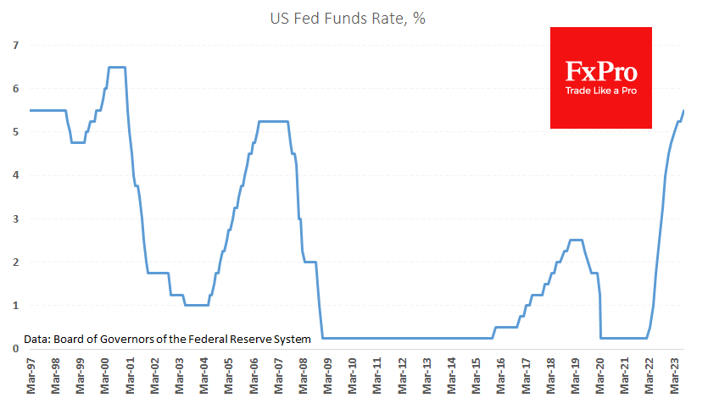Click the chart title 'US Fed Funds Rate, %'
[x=354, y=19]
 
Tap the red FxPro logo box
[x=600, y=77]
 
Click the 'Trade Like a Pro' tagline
[x=600, y=91]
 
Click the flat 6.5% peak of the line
[x=117, y=67]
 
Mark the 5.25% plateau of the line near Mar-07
[x=273, y=121]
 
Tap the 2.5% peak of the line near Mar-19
[x=576, y=240]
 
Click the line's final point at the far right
[x=684, y=111]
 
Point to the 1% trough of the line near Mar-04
[x=196, y=305]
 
